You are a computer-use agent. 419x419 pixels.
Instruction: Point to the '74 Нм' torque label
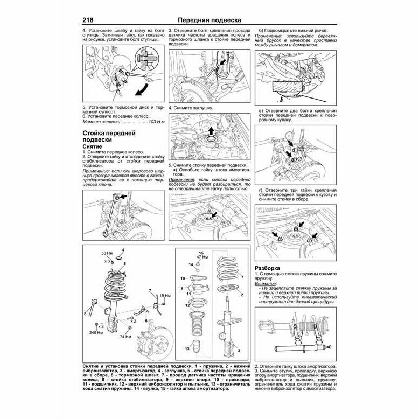pos(125,337)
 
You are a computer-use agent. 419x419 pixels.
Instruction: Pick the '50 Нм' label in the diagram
pos(104,253)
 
